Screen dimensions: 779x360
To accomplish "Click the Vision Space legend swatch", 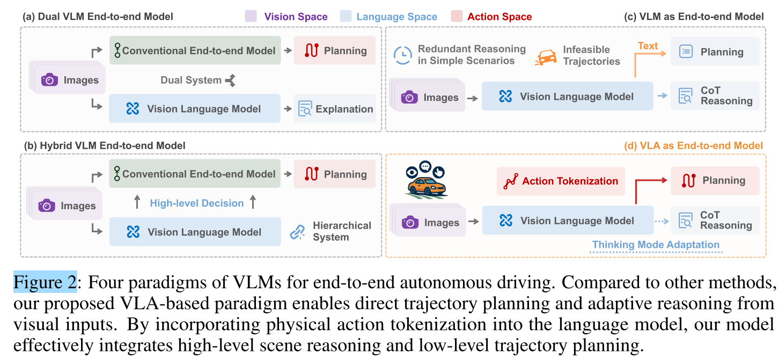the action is tap(251, 16).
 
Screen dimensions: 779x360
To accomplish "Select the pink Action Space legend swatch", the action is tap(457, 16).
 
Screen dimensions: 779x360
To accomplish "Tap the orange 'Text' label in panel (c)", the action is tap(648, 46).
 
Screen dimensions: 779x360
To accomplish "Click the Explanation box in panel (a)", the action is tap(335, 108).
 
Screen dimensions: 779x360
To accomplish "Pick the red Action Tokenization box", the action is tap(561, 181).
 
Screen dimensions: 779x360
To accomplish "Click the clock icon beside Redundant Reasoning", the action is tap(403, 55).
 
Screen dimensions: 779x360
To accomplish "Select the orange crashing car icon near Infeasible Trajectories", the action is tap(546, 57).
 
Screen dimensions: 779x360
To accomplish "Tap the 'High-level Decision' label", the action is tap(197, 203).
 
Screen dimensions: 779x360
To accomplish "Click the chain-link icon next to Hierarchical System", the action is tap(297, 232).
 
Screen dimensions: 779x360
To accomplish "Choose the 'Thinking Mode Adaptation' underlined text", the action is tap(656, 245).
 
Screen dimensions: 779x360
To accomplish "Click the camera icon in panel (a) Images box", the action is tap(50, 80).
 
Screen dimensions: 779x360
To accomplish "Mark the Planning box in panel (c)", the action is tap(715, 52).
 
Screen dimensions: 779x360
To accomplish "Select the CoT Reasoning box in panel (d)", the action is tap(715, 220).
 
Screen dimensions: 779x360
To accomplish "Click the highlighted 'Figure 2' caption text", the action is tap(45, 282).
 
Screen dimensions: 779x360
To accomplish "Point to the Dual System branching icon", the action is tap(231, 80).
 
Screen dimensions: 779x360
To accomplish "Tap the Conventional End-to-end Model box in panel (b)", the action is tap(195, 174).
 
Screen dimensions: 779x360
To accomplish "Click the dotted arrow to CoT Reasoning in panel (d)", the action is tap(662, 221).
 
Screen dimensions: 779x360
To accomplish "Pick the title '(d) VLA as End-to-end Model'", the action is tap(693, 145).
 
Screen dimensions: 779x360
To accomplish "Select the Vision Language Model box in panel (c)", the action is tap(568, 97).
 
